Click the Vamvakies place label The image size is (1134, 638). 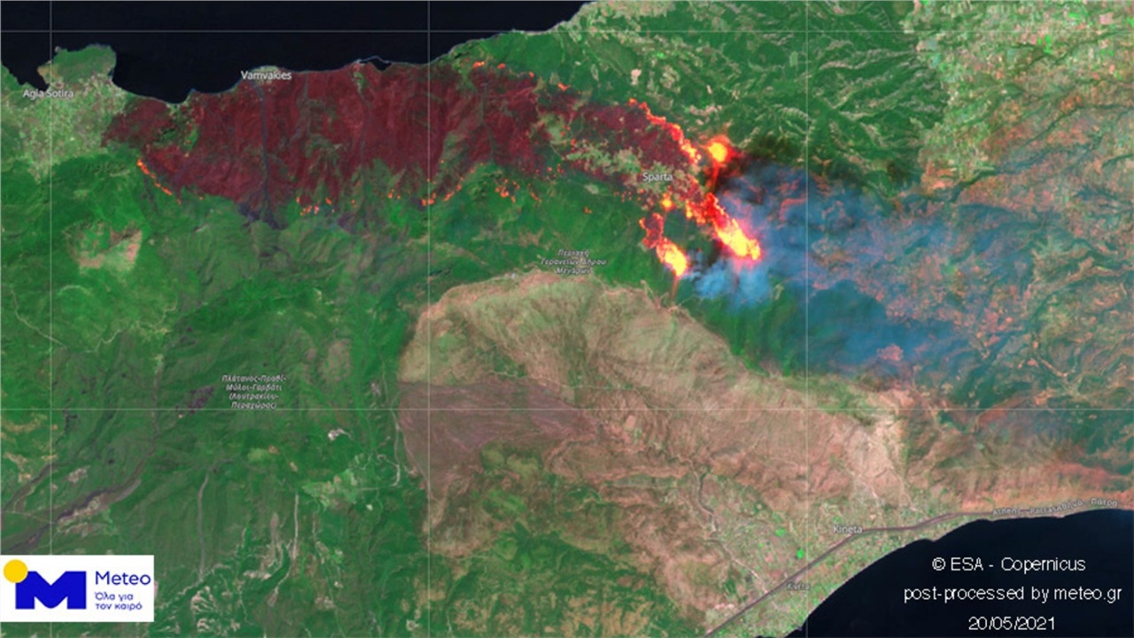267,75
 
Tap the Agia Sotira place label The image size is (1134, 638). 49,93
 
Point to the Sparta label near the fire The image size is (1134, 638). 657,176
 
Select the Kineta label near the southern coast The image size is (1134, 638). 848,529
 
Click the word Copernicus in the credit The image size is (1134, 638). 1043,564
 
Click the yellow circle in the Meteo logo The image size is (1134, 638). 15,572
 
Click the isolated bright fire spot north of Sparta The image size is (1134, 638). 718,152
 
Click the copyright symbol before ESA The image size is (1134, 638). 938,564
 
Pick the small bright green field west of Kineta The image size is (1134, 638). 781,533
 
